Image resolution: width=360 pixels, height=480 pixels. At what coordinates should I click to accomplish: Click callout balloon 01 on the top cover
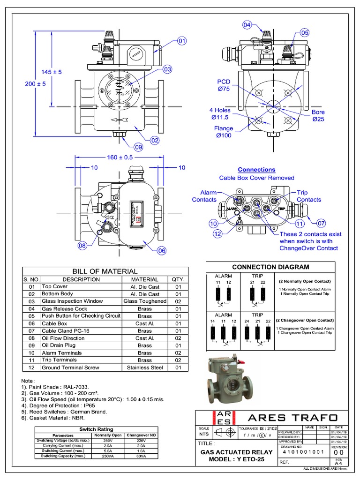[182, 41]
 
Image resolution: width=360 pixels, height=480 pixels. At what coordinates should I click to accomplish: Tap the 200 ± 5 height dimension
[35, 84]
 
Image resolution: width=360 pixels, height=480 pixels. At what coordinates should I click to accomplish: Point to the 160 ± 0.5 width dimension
[120, 157]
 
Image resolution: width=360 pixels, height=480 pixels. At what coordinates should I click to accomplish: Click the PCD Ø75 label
[224, 85]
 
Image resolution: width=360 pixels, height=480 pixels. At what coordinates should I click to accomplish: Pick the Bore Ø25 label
[318, 115]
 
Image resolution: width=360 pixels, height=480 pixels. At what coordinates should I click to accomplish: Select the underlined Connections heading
[256, 170]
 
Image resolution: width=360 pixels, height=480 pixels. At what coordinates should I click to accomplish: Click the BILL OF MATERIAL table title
[105, 271]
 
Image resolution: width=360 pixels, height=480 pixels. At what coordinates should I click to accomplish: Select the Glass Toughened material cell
[144, 301]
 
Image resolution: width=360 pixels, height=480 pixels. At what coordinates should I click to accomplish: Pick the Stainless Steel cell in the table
[144, 368]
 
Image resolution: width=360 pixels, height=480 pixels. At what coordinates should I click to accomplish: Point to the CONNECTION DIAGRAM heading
[270, 267]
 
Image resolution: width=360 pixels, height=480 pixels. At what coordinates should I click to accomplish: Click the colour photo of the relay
[230, 380]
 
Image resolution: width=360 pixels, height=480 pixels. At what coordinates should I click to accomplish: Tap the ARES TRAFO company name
[292, 417]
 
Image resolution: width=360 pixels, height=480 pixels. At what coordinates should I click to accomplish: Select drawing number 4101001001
[304, 451]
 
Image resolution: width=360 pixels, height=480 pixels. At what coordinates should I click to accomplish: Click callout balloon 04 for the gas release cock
[247, 24]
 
